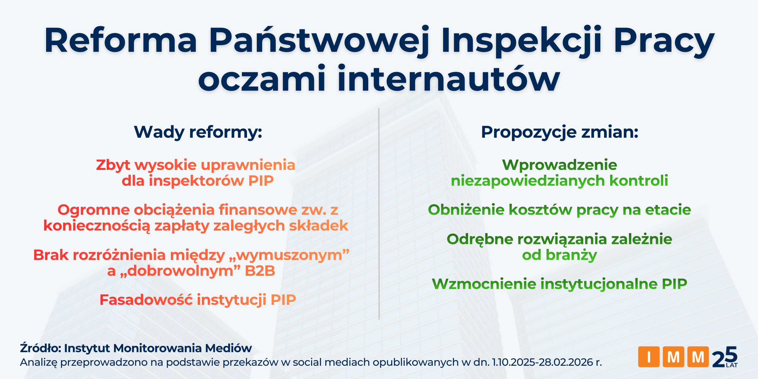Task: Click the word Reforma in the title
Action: (x=121, y=40)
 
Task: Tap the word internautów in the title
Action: (x=448, y=79)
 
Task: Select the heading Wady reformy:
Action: (x=198, y=132)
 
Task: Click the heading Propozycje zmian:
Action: (x=560, y=132)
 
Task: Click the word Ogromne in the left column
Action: (x=93, y=210)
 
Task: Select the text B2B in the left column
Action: (x=260, y=271)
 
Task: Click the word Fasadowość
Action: (x=146, y=300)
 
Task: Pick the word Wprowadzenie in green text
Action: (x=559, y=165)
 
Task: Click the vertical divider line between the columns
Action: (x=379, y=215)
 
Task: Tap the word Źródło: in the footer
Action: (x=40, y=348)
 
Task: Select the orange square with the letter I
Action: (x=649, y=357)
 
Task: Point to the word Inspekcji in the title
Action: (x=521, y=40)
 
